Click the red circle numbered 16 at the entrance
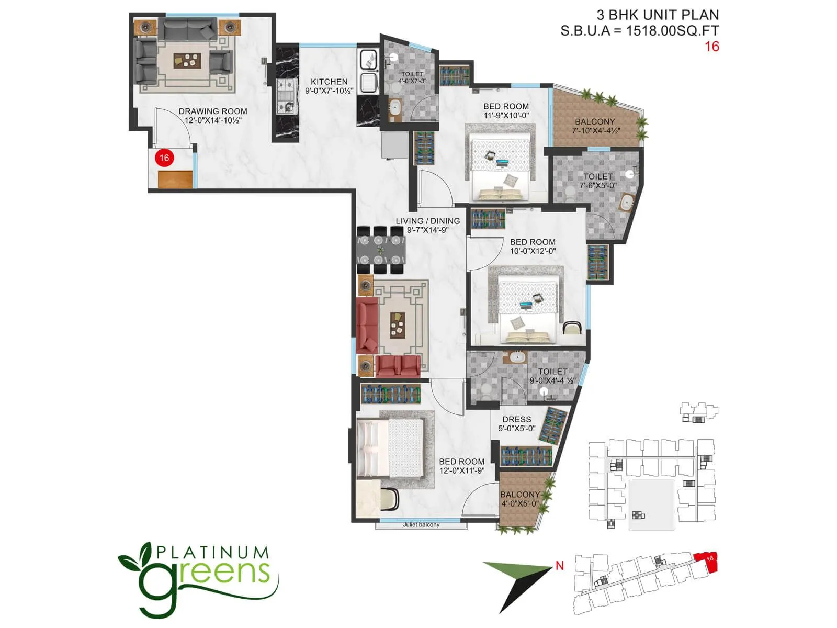(x=164, y=158)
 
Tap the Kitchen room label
(x=329, y=82)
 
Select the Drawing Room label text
(x=213, y=111)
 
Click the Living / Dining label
(x=427, y=221)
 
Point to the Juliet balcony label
(x=421, y=525)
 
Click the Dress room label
(x=516, y=419)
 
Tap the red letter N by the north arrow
(x=560, y=565)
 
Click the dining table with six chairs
(x=381, y=250)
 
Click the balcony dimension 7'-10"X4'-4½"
(x=595, y=130)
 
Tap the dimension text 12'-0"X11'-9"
(x=461, y=470)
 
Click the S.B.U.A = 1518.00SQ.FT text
(x=639, y=31)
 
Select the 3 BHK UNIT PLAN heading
(x=658, y=15)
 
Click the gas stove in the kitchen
(x=286, y=96)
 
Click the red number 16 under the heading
(x=711, y=47)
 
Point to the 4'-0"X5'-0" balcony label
(x=520, y=503)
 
